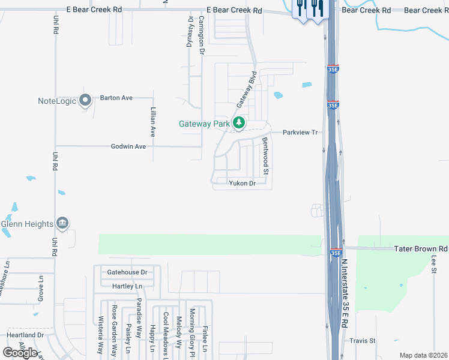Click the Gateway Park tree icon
click(240, 123)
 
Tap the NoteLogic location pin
click(85, 100)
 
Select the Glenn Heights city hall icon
click(62, 224)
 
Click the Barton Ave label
click(116, 97)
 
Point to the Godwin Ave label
click(128, 146)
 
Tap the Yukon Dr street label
click(242, 184)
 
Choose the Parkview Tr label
click(300, 132)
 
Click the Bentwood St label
click(265, 152)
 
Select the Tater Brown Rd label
click(421, 248)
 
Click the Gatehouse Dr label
click(127, 272)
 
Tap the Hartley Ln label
click(127, 286)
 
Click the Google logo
click(20, 353)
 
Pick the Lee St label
click(434, 264)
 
